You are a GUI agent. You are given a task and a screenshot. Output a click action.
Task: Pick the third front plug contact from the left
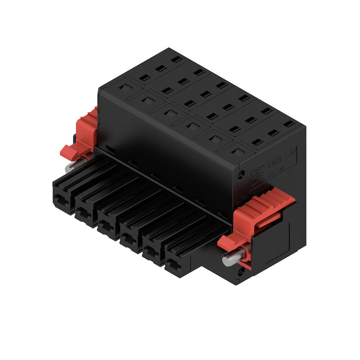tap(108, 228)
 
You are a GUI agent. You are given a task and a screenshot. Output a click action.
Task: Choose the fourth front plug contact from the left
tap(130, 240)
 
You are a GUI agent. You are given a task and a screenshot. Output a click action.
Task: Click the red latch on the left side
tap(83, 135)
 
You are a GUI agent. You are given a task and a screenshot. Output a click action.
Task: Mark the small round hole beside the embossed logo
tap(242, 173)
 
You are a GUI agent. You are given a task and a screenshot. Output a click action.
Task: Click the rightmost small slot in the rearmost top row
tap(289, 123)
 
